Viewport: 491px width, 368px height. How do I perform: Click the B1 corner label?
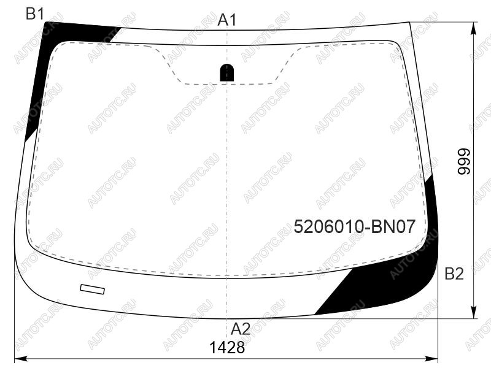[x=35, y=14]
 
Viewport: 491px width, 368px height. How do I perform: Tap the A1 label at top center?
[x=227, y=20]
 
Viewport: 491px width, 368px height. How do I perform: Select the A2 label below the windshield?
[x=241, y=329]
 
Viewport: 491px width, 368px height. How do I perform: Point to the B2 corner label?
[x=454, y=274]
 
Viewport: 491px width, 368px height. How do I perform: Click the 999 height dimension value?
[x=464, y=161]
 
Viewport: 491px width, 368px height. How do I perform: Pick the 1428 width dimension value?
[x=226, y=347]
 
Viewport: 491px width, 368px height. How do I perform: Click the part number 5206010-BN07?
[x=355, y=226]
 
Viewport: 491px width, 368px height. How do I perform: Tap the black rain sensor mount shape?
[x=226, y=72]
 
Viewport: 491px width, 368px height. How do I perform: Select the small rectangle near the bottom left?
[x=93, y=289]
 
